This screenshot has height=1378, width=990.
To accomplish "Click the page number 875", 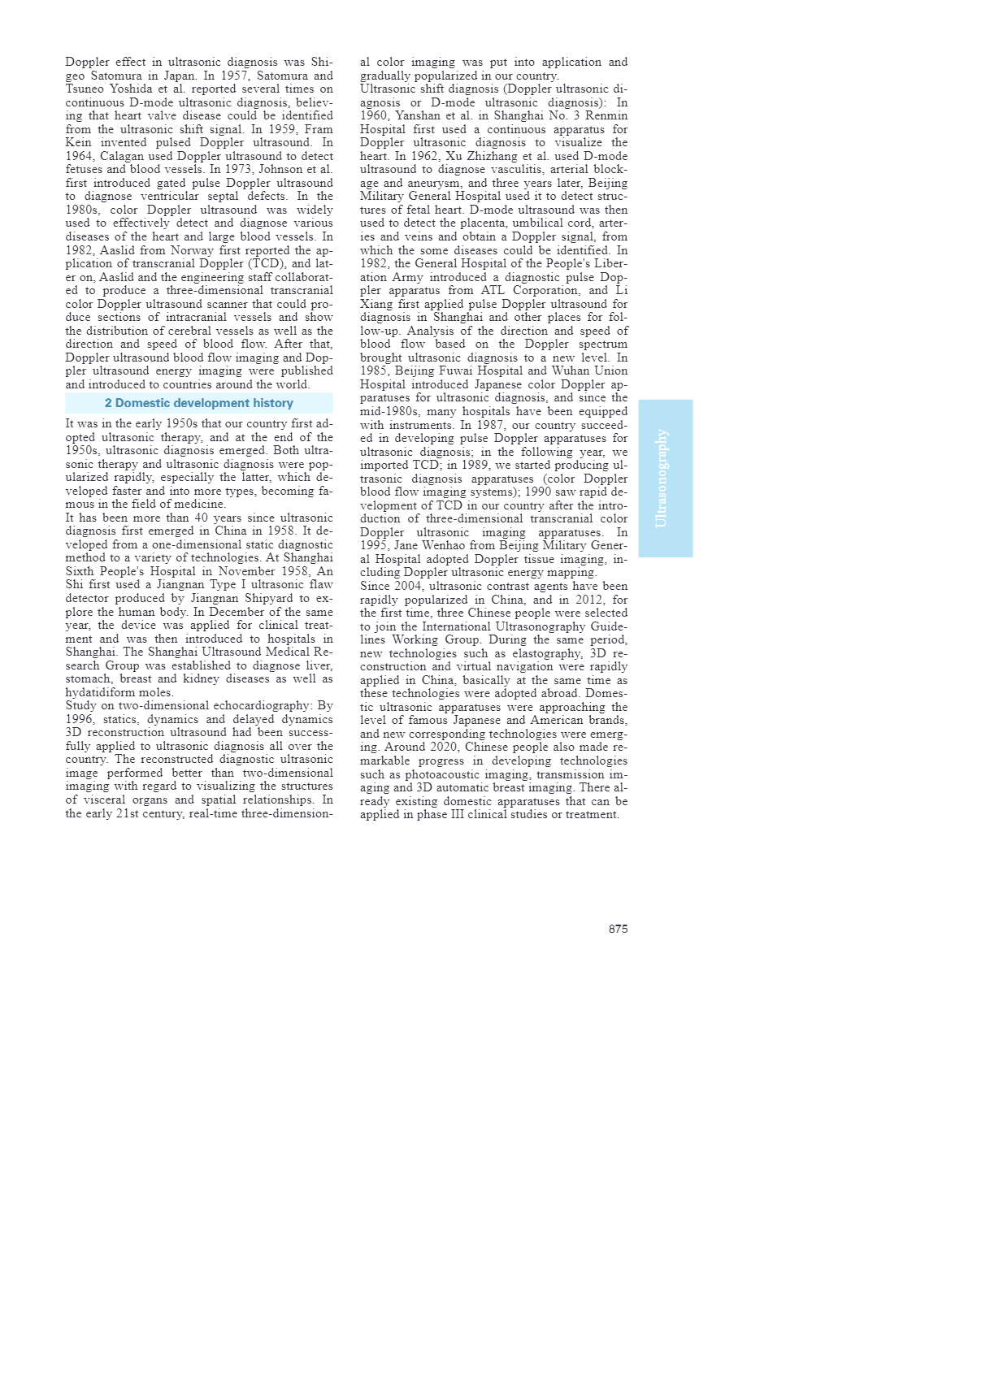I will [618, 929].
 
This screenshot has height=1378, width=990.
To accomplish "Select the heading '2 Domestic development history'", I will [198, 403].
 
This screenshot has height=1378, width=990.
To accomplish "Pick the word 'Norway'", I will [192, 250].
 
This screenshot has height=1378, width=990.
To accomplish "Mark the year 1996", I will [80, 720].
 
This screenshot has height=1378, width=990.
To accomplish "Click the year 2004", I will [408, 586].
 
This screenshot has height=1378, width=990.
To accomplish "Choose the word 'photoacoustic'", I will [428, 774].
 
